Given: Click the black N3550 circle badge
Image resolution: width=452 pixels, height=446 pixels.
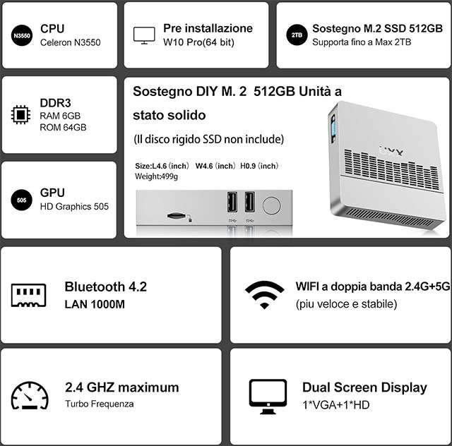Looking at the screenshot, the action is click(x=22, y=35).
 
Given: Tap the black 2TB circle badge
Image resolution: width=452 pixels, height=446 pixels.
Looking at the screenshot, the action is click(x=297, y=35).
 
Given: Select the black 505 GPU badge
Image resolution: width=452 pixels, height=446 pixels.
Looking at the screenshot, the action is click(x=22, y=200).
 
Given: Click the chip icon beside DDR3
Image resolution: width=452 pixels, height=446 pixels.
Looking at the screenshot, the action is click(x=20, y=114).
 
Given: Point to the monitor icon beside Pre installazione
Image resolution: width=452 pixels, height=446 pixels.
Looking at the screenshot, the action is click(x=144, y=35).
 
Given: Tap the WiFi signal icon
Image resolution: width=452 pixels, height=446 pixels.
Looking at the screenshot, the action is click(x=264, y=295).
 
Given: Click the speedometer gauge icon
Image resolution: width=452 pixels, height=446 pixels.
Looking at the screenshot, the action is click(x=30, y=395).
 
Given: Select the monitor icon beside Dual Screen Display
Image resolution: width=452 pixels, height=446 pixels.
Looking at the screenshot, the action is click(x=268, y=397).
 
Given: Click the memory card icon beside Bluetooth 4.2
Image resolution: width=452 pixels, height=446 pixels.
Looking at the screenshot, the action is click(x=28, y=295).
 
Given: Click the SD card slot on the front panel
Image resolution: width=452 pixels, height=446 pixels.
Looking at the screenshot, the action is click(x=176, y=216).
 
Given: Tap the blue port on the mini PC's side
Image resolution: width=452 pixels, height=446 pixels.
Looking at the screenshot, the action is click(x=333, y=128).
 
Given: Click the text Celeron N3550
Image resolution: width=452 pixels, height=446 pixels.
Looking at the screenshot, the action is click(x=71, y=42).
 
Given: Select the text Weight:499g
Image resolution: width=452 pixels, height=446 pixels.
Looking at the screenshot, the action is click(x=156, y=176).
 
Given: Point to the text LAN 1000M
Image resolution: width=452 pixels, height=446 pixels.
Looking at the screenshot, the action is click(x=95, y=304).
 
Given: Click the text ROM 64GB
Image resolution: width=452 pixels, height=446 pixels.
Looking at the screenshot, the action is click(x=63, y=127).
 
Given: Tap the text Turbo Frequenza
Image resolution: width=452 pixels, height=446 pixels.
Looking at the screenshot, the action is click(x=100, y=404).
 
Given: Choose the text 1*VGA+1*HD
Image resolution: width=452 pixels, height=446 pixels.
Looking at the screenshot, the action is click(x=336, y=405).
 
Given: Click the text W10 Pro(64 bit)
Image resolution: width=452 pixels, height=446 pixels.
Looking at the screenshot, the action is click(x=198, y=42).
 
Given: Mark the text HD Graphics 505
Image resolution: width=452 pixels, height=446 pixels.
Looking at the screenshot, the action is click(x=74, y=207).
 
